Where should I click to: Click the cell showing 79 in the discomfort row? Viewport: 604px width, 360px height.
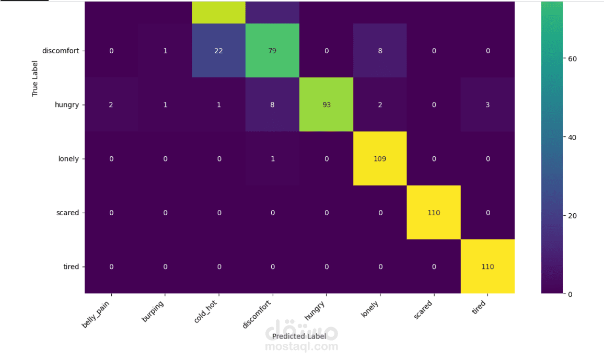tap(272, 51)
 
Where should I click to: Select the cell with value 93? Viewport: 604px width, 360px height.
tap(326, 104)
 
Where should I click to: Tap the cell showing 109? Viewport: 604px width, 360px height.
tap(380, 158)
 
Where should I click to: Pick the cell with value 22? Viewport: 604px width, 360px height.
tap(219, 51)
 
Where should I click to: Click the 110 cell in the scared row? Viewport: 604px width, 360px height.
tap(434, 213)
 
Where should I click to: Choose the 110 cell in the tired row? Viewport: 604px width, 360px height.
tap(487, 266)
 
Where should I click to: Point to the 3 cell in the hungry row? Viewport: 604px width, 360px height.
tap(487, 104)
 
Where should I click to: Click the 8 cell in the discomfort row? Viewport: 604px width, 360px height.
tap(380, 51)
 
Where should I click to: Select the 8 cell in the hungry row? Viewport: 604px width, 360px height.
tap(272, 104)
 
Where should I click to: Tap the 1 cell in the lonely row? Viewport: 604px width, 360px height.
tap(272, 158)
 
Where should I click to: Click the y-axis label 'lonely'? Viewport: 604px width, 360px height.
tap(68, 158)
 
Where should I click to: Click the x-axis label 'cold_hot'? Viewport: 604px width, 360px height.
tap(206, 312)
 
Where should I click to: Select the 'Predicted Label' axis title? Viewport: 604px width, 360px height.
tap(299, 336)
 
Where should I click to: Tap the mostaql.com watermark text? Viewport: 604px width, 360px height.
tap(301, 346)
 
